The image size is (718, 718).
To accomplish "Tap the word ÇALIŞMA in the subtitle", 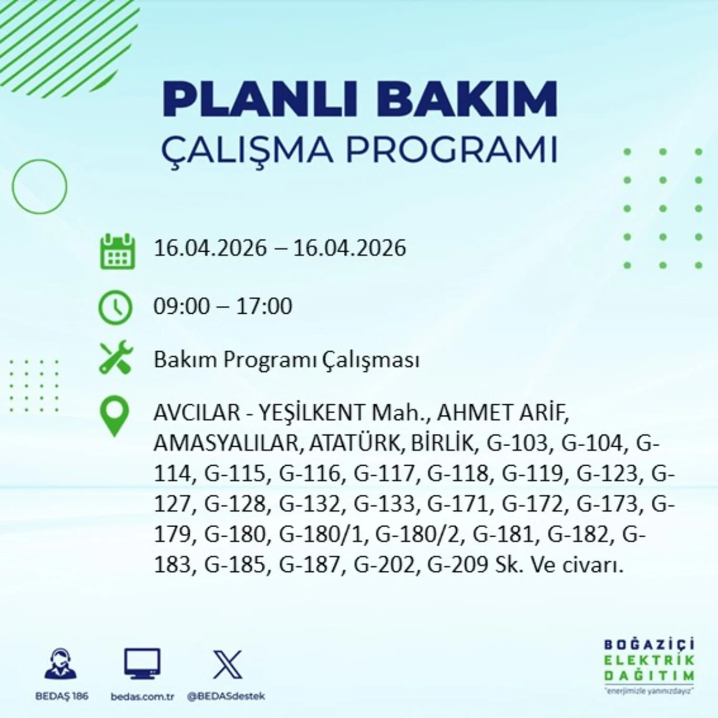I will tap(247, 149).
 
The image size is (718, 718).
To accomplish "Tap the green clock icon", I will tap(116, 307).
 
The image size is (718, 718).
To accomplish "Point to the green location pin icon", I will tap(115, 416).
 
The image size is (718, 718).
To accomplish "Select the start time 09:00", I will tap(181, 306).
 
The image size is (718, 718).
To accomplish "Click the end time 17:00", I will tap(264, 306).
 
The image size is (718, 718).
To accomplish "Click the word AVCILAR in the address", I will tap(197, 413).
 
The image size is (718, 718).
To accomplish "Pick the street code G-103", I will tap(517, 443).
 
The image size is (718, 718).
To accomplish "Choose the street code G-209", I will tap(457, 565).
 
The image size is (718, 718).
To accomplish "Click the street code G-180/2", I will tap(417, 535).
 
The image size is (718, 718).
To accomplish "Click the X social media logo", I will tap(228, 664).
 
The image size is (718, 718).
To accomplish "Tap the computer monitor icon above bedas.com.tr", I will tap(142, 664).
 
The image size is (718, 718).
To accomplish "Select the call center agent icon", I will tap(61, 664).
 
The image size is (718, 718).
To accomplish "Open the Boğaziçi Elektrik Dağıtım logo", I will tap(649, 664).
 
